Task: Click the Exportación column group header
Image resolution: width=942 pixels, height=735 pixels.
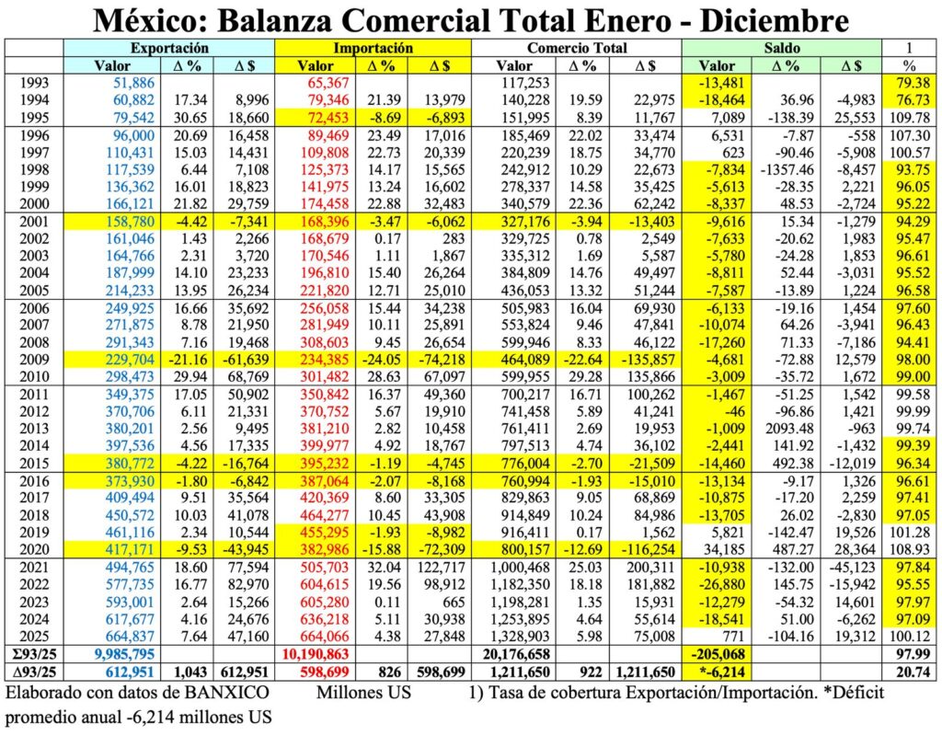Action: tap(169, 48)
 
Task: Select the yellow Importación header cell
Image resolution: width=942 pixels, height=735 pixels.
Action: tap(373, 48)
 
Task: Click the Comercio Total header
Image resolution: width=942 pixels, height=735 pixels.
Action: tap(578, 48)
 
